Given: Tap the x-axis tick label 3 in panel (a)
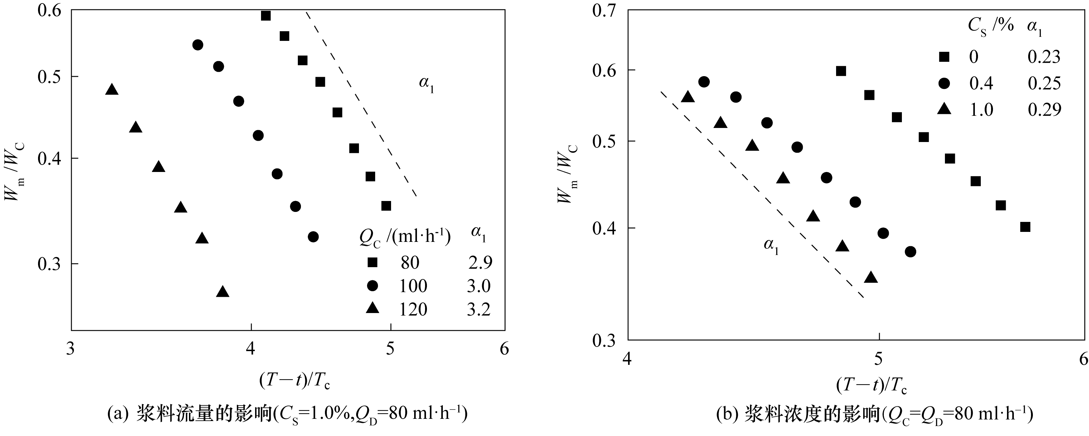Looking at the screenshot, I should coord(71,349).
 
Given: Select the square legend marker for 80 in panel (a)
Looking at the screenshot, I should coord(372,262).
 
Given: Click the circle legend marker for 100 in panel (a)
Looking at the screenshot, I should coord(372,286).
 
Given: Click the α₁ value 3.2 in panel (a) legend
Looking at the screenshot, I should coord(479,310).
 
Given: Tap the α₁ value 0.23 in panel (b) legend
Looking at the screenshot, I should coord(1044,56).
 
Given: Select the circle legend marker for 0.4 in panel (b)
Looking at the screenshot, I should coord(944,83).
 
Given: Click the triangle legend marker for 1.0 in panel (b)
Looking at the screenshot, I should coord(944,109).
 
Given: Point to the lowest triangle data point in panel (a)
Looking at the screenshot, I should coord(223,292).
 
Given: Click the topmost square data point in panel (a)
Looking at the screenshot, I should coord(265,16).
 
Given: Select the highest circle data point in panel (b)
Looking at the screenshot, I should coord(704,82).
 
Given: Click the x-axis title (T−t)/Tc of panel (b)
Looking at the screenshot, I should coord(872,385).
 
